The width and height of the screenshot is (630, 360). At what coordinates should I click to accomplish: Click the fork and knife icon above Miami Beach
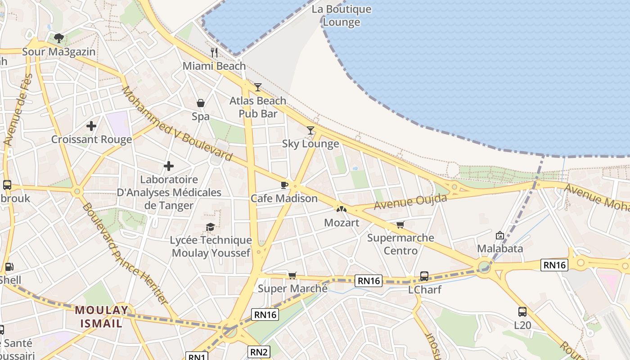[x=214, y=53]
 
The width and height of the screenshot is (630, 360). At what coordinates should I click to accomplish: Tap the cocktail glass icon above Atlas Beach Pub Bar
[x=257, y=87]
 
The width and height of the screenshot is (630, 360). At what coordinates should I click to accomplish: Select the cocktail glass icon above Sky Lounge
[x=310, y=130]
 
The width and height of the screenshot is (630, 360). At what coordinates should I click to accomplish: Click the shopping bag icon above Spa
[x=201, y=103]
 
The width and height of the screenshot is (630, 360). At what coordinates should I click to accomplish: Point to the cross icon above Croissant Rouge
[x=91, y=126]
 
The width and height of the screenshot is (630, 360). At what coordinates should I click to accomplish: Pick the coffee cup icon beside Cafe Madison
[x=284, y=184]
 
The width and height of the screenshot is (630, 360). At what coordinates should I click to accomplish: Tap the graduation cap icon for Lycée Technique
[x=210, y=227]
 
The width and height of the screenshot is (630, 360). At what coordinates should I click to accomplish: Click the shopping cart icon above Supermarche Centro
[x=400, y=225]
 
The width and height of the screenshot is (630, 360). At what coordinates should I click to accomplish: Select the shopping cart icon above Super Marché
[x=292, y=275]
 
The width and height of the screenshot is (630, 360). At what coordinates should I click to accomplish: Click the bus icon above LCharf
[x=424, y=276]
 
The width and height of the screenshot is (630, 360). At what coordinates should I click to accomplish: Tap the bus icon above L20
[x=522, y=311]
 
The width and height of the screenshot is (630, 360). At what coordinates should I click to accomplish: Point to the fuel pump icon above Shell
[x=9, y=267]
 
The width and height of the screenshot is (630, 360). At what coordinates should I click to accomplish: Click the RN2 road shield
[x=259, y=352]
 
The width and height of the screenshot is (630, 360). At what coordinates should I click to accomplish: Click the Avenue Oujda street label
[x=410, y=202]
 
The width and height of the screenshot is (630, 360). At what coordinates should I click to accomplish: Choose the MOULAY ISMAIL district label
[x=102, y=316]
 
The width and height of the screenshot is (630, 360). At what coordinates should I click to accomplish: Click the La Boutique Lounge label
[x=342, y=16]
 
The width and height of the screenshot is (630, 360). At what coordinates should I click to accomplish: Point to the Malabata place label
[x=500, y=248]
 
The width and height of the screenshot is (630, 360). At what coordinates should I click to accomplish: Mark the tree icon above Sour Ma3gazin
[x=58, y=38]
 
